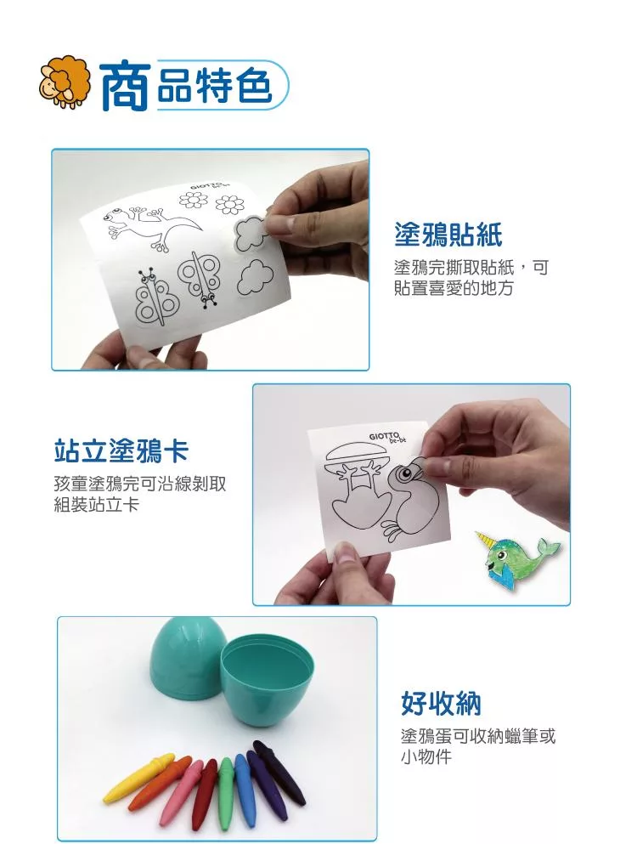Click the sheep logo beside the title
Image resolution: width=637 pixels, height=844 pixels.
click(65, 82)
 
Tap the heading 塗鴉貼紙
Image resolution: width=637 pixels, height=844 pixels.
click(448, 235)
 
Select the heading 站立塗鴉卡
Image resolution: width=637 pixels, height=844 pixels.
click(121, 450)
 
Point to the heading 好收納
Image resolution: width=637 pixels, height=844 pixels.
click(441, 704)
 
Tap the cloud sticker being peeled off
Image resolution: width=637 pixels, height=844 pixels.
click(251, 234)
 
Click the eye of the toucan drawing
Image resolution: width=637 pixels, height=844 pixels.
click(406, 474)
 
